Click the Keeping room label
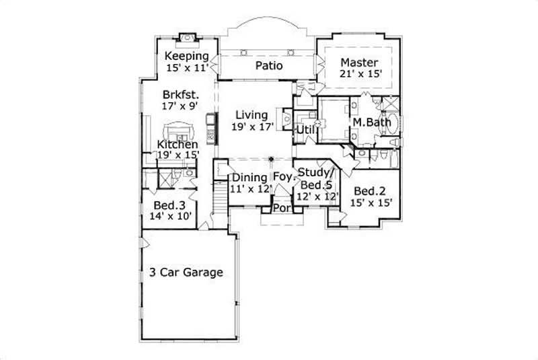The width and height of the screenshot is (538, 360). (187, 56)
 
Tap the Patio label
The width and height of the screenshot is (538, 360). (268, 66)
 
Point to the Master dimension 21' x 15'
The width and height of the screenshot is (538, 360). (361, 74)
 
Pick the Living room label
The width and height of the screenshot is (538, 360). (250, 115)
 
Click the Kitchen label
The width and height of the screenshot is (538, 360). (178, 145)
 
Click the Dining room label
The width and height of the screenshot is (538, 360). (249, 178)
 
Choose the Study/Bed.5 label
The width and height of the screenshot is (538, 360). (316, 178)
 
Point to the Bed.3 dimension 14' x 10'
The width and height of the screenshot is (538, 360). (171, 216)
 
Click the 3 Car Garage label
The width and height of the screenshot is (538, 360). (186, 273)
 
